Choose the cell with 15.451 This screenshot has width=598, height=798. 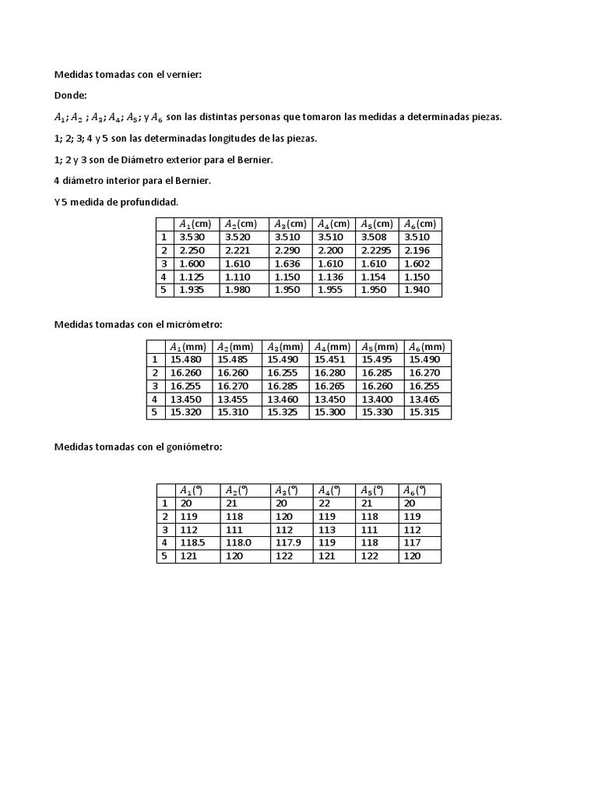point(329,359)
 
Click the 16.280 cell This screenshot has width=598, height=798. point(329,373)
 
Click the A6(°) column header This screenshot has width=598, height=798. point(414,490)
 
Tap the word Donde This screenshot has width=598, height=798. point(70,96)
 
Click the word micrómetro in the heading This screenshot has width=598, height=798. point(195,324)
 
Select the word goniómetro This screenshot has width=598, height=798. point(194,447)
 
